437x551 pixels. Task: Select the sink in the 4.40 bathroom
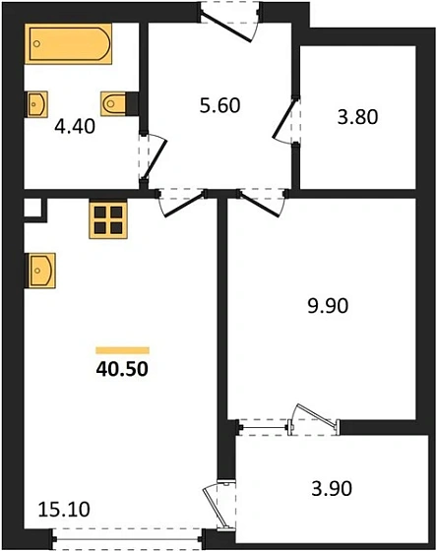[37, 102]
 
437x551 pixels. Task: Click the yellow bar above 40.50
[122, 349]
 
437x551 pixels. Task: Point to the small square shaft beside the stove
[33, 209]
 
